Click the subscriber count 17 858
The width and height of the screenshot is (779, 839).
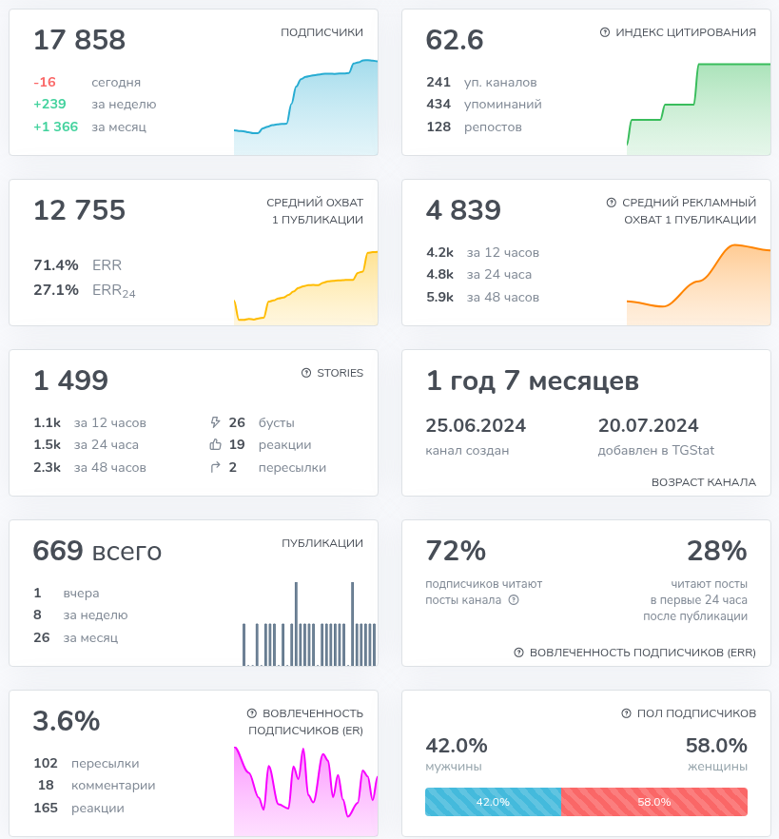[79, 40]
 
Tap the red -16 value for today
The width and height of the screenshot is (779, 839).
[44, 82]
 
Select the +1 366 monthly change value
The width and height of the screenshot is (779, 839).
[56, 127]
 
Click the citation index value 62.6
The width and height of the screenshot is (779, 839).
[455, 40]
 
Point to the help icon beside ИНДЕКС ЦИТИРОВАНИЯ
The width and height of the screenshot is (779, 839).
[605, 32]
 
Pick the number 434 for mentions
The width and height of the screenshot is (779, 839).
[438, 105]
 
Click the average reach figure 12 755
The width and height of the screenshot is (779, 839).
[79, 210]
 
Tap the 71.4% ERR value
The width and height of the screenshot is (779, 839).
[56, 265]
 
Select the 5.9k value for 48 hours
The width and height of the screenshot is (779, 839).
[440, 298]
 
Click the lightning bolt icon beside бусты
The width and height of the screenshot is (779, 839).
[215, 422]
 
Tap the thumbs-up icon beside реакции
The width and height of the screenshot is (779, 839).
[215, 445]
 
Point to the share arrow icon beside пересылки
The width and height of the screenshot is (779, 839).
[215, 467]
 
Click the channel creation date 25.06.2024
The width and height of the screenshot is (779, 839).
[476, 425]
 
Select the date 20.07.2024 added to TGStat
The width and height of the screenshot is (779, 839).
[648, 425]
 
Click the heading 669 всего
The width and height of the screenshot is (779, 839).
[97, 551]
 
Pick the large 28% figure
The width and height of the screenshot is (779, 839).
[716, 551]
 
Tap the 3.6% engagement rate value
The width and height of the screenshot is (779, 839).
[67, 721]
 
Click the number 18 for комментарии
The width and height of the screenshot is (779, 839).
[46, 786]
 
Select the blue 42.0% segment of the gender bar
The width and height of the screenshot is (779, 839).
[493, 802]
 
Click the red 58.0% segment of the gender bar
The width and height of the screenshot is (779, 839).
[654, 802]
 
